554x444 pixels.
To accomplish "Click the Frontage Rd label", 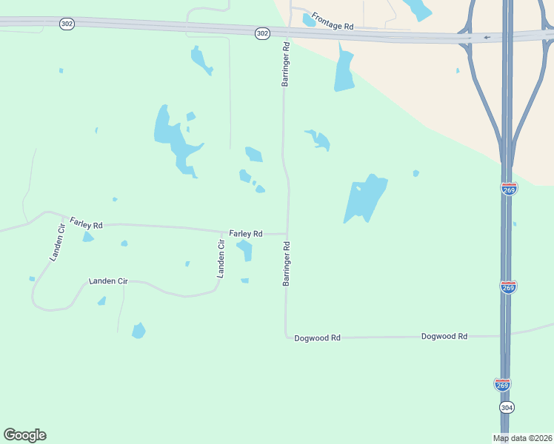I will coord(333,20).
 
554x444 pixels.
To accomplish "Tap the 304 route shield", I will coord(507,408).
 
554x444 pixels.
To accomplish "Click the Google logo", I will coord(24,435).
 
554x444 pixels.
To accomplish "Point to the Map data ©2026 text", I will coord(522,438).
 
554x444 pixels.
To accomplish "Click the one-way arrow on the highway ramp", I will coord(487,37).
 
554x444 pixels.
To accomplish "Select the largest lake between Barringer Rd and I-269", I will coord(365,198).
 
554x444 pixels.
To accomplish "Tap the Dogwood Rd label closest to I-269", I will coord(444,336).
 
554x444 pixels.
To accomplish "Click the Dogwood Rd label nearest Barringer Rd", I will coord(317,337).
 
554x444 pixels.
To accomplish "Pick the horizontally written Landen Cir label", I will coord(108,281).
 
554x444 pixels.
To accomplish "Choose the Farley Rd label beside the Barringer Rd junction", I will coord(246,234).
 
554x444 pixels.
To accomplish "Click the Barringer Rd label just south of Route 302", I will coord(285,64).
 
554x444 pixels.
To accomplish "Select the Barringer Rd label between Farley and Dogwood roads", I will coord(286,263).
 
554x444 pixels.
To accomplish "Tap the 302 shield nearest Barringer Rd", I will coord(262,33).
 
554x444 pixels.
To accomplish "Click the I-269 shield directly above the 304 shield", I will coord(501,384).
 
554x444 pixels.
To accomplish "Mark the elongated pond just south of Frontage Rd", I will coord(343,69).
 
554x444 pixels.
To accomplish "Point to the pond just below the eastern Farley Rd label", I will coord(245,250).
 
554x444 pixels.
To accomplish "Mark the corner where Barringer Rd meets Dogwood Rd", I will coord(287,337).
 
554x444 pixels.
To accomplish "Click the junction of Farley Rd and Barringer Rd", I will coord(287,234).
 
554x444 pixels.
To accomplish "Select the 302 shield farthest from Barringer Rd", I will coord(67,24).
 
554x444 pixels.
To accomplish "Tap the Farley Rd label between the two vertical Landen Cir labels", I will coord(86,222).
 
